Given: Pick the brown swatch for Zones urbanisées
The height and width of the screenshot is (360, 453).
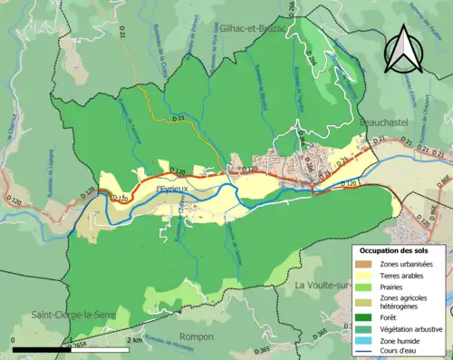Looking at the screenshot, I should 361,264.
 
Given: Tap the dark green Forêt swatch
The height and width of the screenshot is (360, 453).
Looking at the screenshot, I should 361,318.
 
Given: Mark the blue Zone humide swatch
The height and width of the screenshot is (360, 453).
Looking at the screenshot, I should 361,341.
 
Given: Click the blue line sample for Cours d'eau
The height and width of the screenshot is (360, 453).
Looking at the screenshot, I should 361,352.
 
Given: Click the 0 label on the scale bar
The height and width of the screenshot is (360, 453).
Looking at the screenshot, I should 14,339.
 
